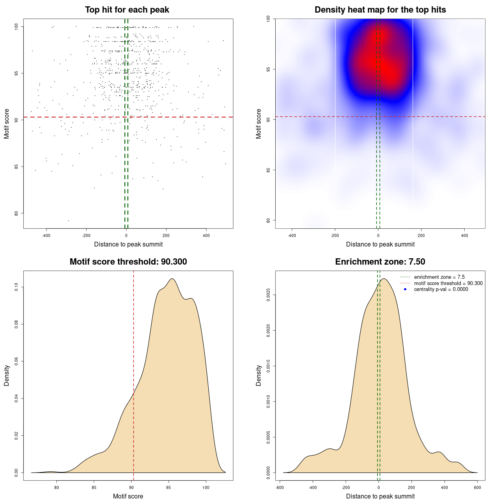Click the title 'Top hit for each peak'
pyautogui.click(x=127, y=10)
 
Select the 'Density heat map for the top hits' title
pyautogui.click(x=380, y=10)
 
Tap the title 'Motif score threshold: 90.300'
pyautogui.click(x=128, y=262)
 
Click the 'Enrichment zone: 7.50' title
pyautogui.click(x=380, y=262)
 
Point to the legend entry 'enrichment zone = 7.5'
pyautogui.click(x=439, y=277)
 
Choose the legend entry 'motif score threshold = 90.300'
pyautogui.click(x=448, y=283)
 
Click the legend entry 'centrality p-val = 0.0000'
pyautogui.click(x=441, y=289)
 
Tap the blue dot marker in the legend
pyautogui.click(x=405, y=289)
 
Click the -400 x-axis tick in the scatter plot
pyautogui.click(x=46, y=235)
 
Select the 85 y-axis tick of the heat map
pyautogui.click(x=268, y=170)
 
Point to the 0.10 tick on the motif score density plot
pyautogui.click(x=16, y=287)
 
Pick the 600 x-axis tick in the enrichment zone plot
pyautogui.click(x=478, y=487)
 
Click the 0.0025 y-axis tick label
pyautogui.click(x=268, y=295)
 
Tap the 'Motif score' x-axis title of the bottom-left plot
pyautogui.click(x=128, y=496)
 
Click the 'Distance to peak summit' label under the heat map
pyautogui.click(x=380, y=244)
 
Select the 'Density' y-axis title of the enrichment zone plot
pyautogui.click(x=259, y=375)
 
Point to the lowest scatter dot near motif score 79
pyautogui.click(x=68, y=220)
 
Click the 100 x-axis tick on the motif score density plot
pyautogui.click(x=206, y=487)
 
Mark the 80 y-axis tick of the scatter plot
pyautogui.click(x=16, y=213)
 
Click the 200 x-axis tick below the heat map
pyautogui.click(x=421, y=235)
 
